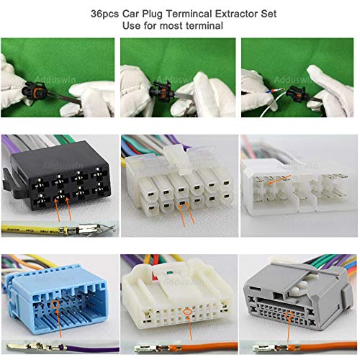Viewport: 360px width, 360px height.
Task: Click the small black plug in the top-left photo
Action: coord(36,91)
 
